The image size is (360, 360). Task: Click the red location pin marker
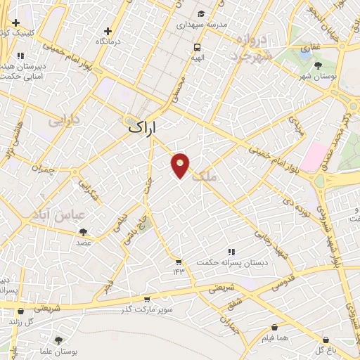(x=181, y=165)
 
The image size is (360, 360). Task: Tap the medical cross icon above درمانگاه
(x=108, y=31)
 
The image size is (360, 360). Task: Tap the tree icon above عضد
(x=84, y=231)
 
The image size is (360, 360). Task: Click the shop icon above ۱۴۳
(x=179, y=262)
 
